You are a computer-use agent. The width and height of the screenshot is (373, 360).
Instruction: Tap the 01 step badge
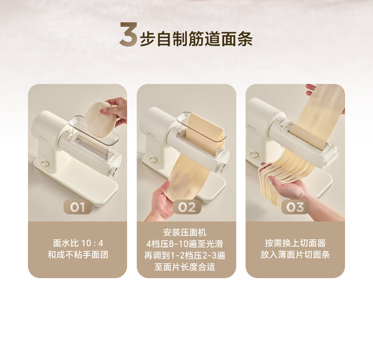click(x=78, y=207)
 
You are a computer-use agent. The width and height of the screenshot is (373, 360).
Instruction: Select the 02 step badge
click(x=187, y=207)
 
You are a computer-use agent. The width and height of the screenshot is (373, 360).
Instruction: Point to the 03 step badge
click(x=295, y=207)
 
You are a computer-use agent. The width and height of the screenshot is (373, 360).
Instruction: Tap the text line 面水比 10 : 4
click(x=78, y=243)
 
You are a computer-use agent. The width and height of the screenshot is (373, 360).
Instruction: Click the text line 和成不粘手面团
click(x=78, y=255)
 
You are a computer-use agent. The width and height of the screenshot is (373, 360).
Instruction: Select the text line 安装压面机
click(x=185, y=233)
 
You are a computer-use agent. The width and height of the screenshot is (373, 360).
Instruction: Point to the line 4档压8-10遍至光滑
click(x=184, y=244)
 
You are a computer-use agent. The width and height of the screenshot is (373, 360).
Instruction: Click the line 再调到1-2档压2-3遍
click(x=184, y=256)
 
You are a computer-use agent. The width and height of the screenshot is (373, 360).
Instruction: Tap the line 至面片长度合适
click(x=185, y=267)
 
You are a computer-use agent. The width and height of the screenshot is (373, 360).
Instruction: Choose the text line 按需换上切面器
click(x=295, y=243)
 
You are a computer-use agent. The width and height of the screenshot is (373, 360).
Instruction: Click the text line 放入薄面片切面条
click(x=295, y=255)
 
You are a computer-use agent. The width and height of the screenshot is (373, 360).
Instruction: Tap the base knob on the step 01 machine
click(x=44, y=163)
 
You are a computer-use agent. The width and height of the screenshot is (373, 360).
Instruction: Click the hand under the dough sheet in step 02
click(x=164, y=200)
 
